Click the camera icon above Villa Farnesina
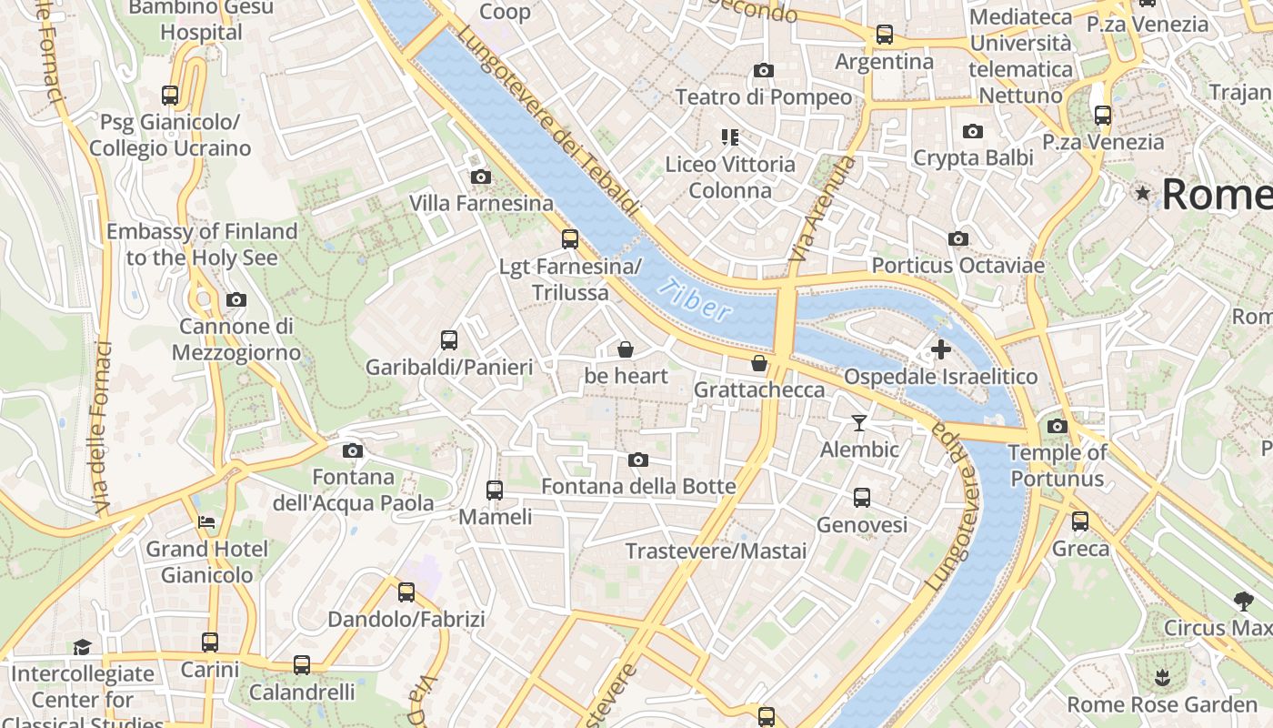[481, 177]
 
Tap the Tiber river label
[696, 300]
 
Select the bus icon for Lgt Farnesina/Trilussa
[570, 239]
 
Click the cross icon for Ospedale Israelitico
[941, 349]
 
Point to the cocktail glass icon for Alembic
[859, 422]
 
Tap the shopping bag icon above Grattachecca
[759, 364]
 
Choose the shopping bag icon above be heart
[626, 349]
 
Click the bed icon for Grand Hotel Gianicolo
[207, 522]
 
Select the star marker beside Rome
[1143, 193]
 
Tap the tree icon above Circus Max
[1243, 601]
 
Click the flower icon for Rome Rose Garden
[1161, 678]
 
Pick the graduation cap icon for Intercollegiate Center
[83, 647]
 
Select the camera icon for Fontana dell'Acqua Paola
[353, 450]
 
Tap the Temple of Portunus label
[1057, 465]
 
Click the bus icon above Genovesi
[862, 498]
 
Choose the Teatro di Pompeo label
[764, 97]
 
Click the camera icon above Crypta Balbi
[973, 131]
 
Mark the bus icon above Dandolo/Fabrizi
[406, 592]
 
